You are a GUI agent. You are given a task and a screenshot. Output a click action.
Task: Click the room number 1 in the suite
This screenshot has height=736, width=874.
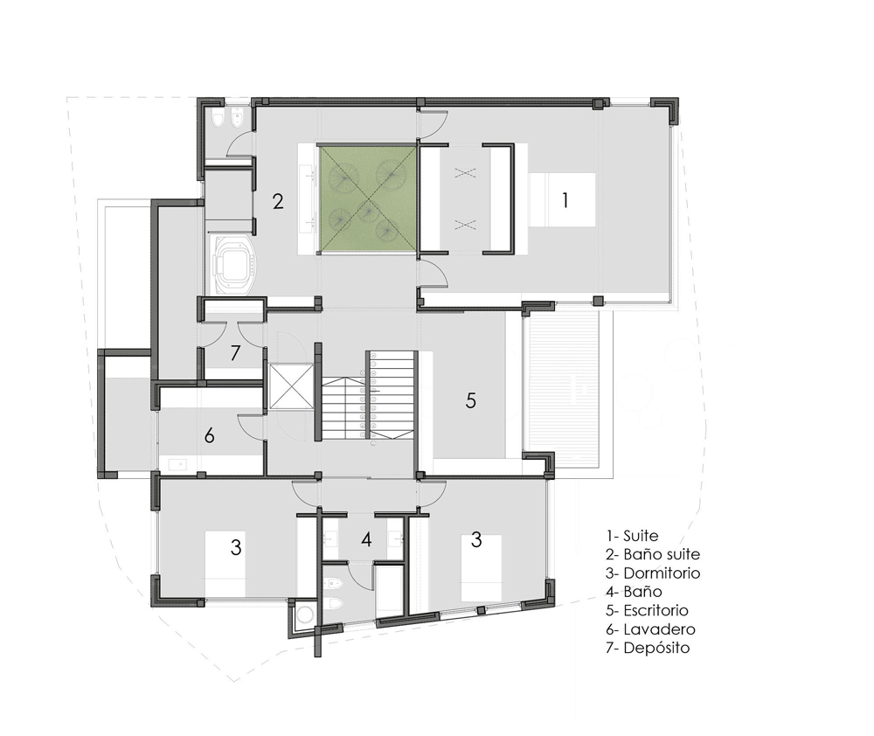click(x=565, y=200)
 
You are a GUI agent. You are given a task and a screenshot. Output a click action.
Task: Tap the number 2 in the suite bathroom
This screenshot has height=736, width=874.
click(x=278, y=201)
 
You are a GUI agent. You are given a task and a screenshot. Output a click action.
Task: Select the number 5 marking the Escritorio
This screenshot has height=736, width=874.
click(x=471, y=400)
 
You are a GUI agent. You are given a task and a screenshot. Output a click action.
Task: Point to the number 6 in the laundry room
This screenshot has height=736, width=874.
click(x=210, y=435)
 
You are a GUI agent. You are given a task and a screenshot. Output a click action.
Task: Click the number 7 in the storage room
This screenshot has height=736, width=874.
click(x=235, y=353)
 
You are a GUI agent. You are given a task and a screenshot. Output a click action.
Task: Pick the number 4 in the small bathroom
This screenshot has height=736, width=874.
click(x=366, y=539)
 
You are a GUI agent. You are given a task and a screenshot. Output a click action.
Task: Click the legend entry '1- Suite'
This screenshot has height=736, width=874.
click(x=633, y=536)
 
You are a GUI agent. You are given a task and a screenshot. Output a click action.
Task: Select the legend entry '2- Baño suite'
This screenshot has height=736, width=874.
click(x=653, y=554)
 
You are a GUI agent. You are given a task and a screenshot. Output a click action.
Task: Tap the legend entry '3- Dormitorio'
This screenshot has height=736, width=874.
click(x=653, y=573)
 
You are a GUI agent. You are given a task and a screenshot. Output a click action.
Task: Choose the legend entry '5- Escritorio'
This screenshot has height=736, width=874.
click(x=648, y=610)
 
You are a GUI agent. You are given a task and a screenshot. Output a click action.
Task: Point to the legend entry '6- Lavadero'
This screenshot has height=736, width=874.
click(x=651, y=629)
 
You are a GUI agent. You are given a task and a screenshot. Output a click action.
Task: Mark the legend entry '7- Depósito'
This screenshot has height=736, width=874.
click(x=649, y=648)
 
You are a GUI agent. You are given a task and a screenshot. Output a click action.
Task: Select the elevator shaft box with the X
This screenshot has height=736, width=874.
click(x=290, y=386)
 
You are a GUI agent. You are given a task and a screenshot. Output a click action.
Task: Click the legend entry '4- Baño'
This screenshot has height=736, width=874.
click(x=635, y=592)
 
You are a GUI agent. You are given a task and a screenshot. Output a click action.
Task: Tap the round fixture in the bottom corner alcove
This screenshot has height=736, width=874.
click(x=305, y=614)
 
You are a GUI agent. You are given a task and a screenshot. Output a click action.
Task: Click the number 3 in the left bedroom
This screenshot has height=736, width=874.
click(x=236, y=547)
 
